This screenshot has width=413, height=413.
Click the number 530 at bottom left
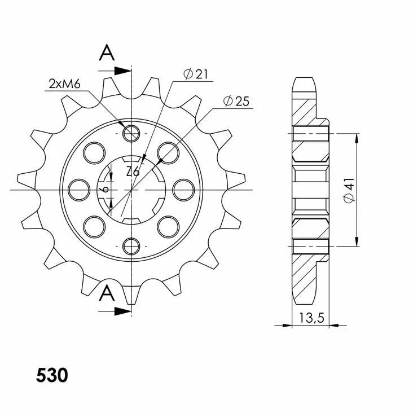52,375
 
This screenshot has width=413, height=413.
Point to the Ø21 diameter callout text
196,74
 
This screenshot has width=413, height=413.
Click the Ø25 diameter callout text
236,102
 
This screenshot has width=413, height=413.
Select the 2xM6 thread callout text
65,85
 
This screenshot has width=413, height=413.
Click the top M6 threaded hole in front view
131,134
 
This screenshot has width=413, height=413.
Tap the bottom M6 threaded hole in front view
131,245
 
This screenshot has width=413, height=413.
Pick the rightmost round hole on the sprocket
184,189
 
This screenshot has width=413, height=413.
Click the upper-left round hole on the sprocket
94,152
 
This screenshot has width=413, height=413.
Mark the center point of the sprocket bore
131,190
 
